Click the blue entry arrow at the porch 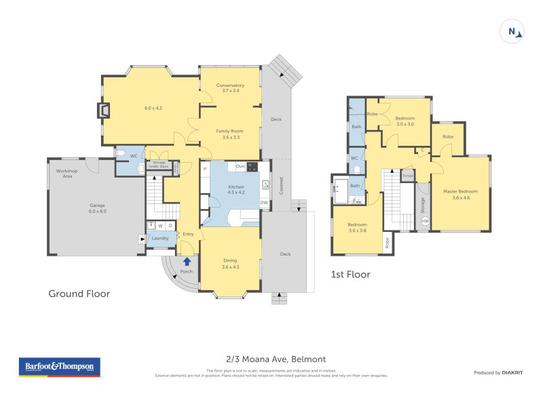coord(187,261)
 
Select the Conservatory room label coord(230,87)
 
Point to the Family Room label coord(230,134)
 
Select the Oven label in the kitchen coord(240,166)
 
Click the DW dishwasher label coord(263,202)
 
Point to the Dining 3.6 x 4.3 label coord(230,263)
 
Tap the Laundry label coord(160,238)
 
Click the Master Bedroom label coord(461,194)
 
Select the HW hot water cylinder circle coord(425,222)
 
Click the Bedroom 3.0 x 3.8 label coord(357,227)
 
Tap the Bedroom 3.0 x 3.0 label coord(405,121)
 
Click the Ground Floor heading coord(79,294)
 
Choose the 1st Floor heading coord(350,275)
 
